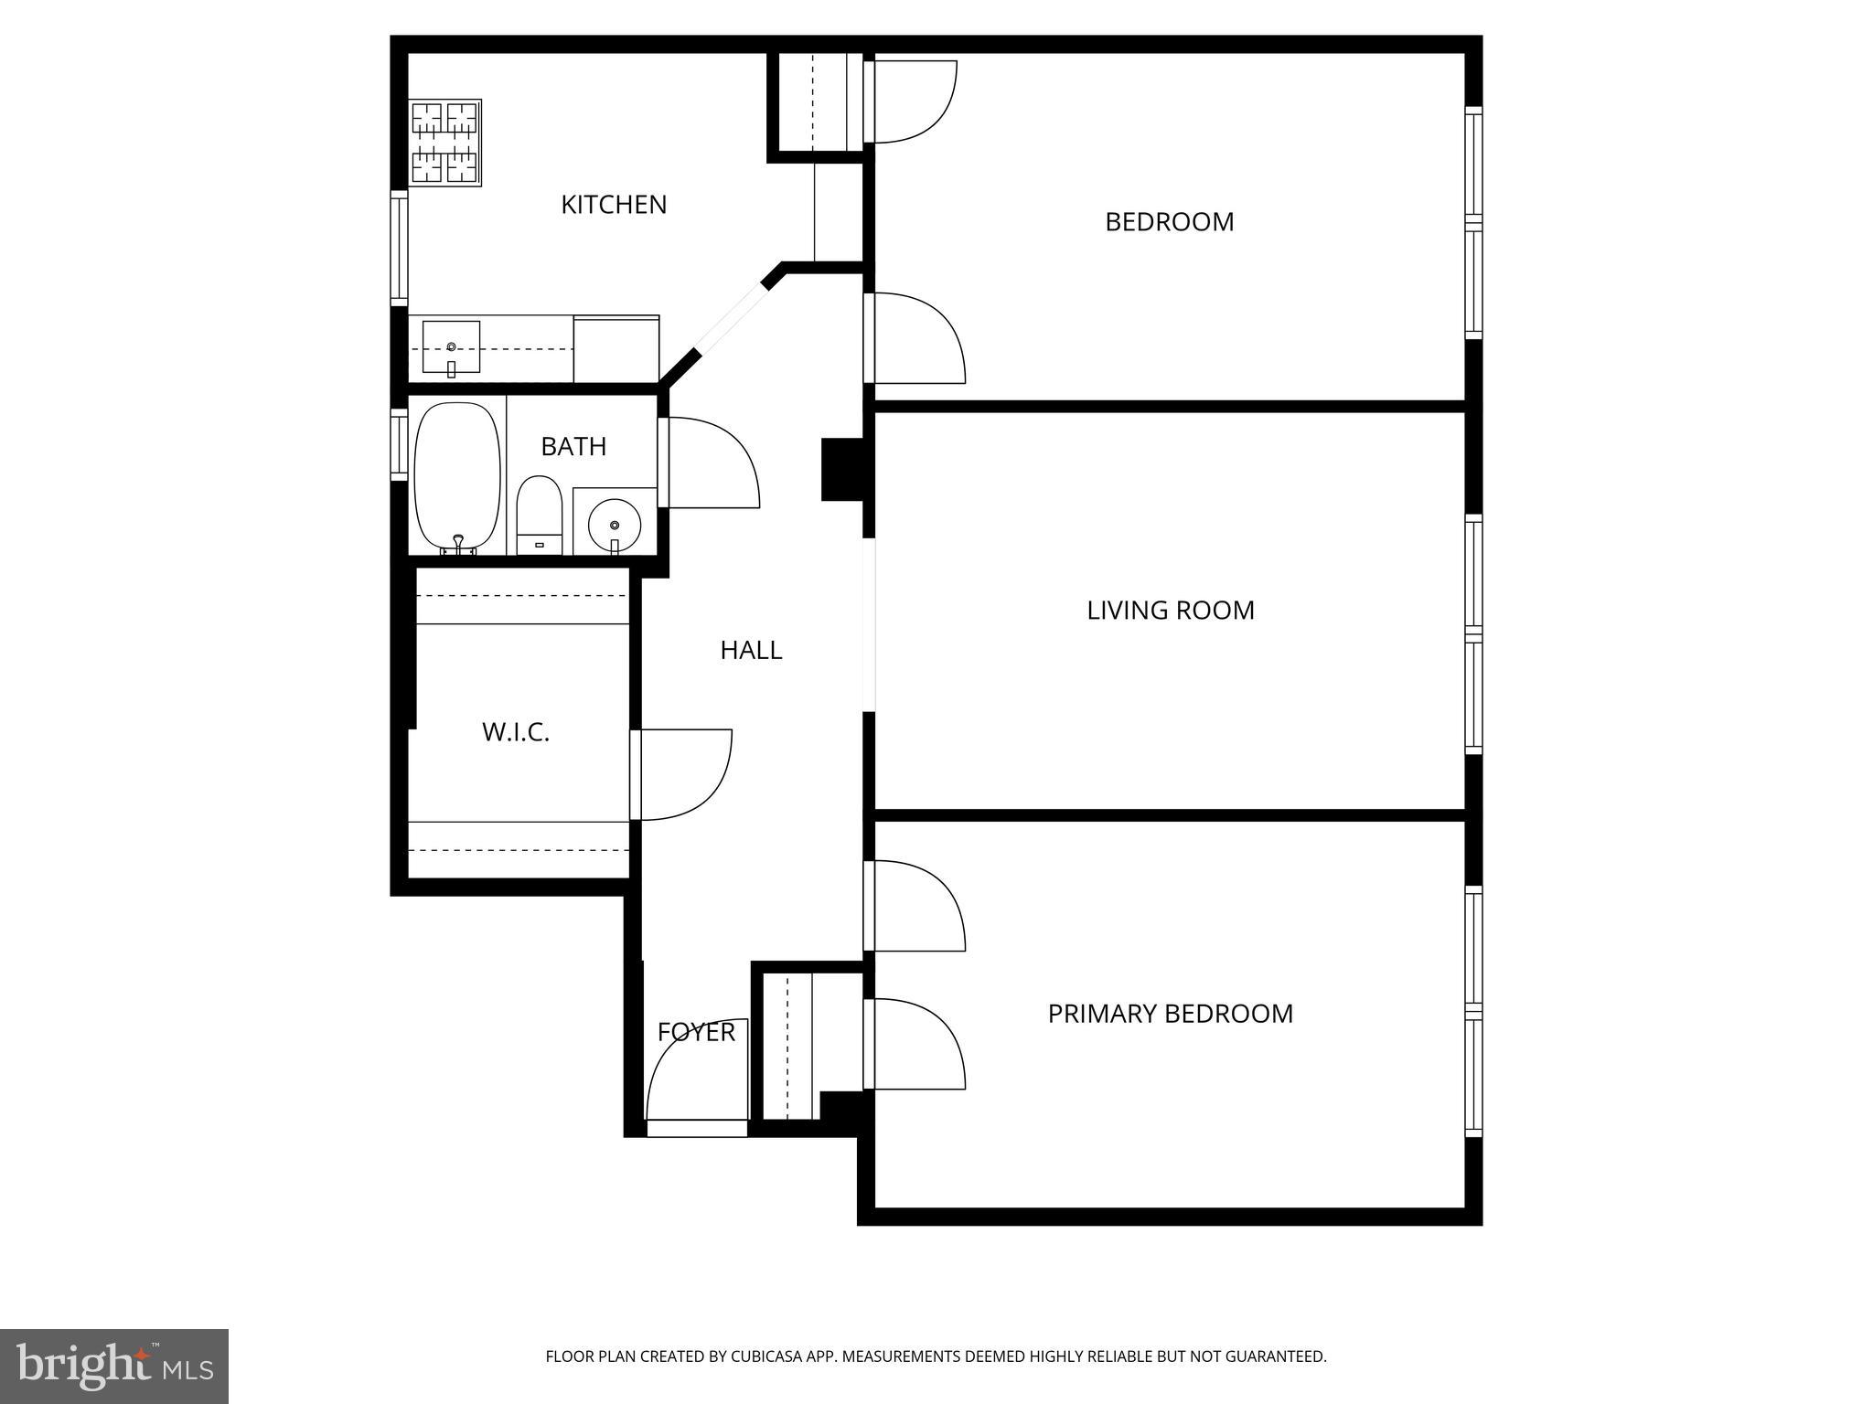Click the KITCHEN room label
[x=614, y=205]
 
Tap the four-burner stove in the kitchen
[x=445, y=143]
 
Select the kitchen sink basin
[x=451, y=347]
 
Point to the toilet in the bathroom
[x=539, y=514]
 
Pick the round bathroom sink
[x=615, y=525]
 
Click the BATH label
[x=573, y=446]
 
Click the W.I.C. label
[x=516, y=732]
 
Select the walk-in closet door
[x=681, y=774]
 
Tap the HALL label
[x=751, y=650]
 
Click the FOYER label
[x=696, y=1032]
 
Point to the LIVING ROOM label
[x=1170, y=611]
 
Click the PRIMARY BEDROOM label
[x=1170, y=1014]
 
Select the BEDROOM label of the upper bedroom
[x=1169, y=222]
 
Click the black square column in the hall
[x=842, y=470]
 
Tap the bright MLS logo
[x=114, y=1366]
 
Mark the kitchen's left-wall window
[x=399, y=248]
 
